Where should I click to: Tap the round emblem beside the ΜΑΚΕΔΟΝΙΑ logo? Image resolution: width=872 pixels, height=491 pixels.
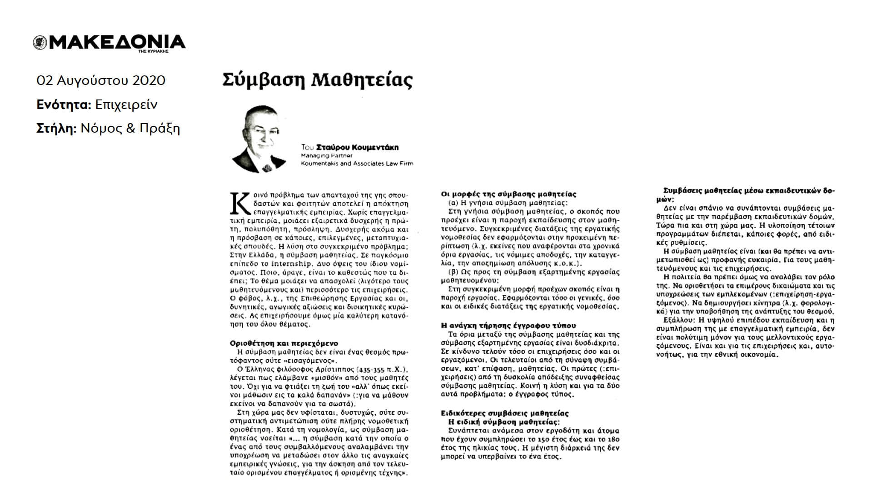[40, 43]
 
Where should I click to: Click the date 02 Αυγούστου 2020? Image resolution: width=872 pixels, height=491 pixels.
[101, 80]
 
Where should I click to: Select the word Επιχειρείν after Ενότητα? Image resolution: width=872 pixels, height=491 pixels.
[126, 104]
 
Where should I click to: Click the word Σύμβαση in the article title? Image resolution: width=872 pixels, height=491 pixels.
[262, 80]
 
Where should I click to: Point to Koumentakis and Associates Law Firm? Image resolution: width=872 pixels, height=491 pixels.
[357, 164]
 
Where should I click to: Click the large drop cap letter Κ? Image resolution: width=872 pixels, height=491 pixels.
[240, 203]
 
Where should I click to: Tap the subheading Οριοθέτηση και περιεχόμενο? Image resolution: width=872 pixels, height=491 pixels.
[284, 343]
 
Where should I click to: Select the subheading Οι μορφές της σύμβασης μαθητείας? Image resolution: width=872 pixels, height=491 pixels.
[508, 194]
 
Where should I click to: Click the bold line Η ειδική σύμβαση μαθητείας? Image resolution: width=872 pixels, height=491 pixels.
[504, 422]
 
